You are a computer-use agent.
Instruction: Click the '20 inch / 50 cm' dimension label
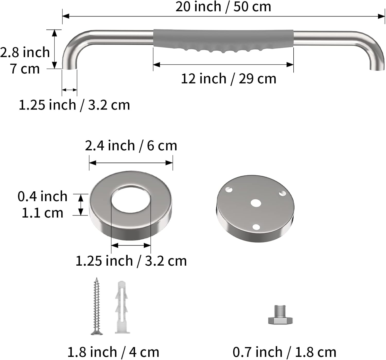pyautogui.click(x=223, y=7)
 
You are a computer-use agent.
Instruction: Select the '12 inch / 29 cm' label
pyautogui.click(x=228, y=79)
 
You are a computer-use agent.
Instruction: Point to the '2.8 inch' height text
pyautogui.click(x=25, y=52)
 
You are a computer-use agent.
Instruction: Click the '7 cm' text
pyautogui.click(x=25, y=69)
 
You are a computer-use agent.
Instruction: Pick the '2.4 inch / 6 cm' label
pyautogui.click(x=131, y=146)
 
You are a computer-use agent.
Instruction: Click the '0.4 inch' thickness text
pyautogui.click(x=42, y=196)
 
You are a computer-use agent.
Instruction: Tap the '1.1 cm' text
pyautogui.click(x=42, y=213)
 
